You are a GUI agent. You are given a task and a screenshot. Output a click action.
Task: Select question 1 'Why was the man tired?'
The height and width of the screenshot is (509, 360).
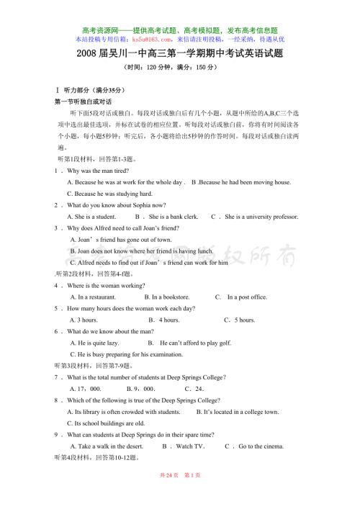[x=97, y=171]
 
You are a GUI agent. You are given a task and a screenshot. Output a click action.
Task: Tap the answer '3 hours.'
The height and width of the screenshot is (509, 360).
[x=84, y=319]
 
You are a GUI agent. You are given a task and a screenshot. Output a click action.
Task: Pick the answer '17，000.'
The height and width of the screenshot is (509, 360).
[x=86, y=389]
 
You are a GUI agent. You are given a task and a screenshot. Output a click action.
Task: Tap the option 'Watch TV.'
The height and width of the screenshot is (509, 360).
[x=191, y=446]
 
